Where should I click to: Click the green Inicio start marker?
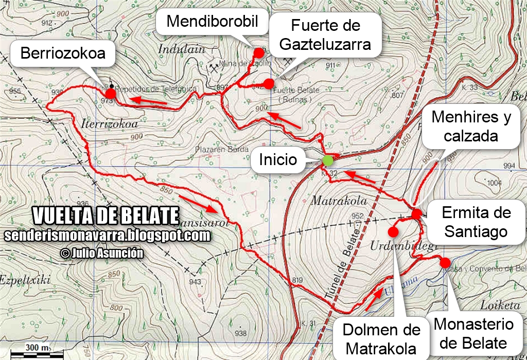click(327, 160)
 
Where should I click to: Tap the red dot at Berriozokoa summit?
click(110, 93)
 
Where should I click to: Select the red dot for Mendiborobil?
click(259, 52)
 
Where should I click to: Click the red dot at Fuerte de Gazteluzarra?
click(268, 84)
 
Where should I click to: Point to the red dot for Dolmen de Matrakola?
click(393, 232)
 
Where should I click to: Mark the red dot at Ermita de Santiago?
click(416, 213)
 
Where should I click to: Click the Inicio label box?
click(278, 159)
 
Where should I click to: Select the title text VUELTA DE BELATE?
click(106, 216)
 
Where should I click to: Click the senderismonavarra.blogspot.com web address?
click(107, 236)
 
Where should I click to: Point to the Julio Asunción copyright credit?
click(101, 253)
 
